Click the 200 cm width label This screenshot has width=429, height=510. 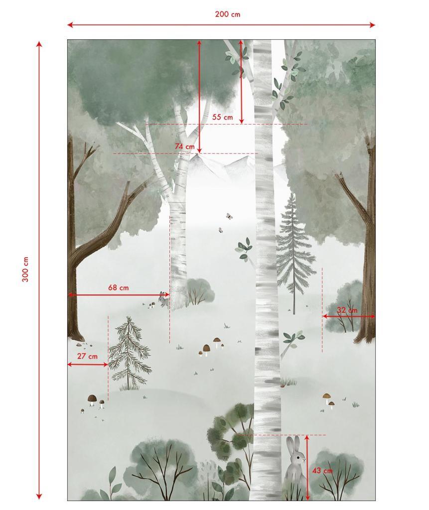[227, 14]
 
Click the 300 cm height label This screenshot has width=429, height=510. [25, 269]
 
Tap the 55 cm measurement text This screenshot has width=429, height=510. [222, 117]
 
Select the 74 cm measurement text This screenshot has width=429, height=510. [184, 146]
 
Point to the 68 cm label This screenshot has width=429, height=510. [118, 287]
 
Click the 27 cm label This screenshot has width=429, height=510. [87, 356]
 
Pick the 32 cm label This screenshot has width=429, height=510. [347, 310]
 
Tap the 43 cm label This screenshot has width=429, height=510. [322, 471]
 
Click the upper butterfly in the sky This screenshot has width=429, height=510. [229, 216]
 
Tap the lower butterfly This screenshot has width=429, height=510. [219, 230]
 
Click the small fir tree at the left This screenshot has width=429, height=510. [129, 352]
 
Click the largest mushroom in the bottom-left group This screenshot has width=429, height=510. [92, 399]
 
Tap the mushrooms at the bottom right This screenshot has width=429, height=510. [328, 400]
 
